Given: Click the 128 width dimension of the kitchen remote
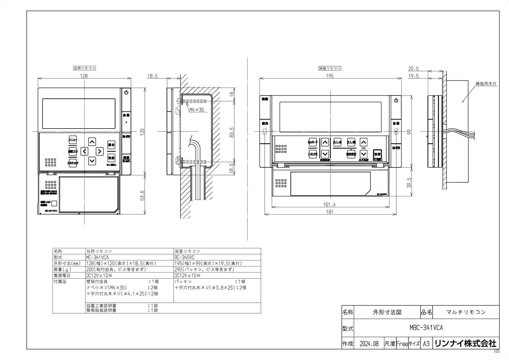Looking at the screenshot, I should click(84, 76).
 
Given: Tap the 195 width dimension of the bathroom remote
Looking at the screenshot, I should click(330, 76).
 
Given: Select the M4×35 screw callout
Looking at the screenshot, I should click(197, 110).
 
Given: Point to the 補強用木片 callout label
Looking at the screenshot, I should click(486, 83).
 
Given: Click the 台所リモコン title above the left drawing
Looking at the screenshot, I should click(84, 68).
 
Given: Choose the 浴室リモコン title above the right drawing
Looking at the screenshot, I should click(330, 68).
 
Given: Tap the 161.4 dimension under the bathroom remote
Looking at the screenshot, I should click(329, 205).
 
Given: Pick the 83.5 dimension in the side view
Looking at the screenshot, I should click(232, 132).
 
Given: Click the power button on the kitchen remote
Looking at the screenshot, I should click(126, 92).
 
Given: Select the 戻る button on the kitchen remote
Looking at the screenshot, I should click(111, 145).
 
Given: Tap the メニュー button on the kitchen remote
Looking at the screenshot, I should click(73, 139).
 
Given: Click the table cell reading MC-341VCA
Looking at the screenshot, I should click(98, 257).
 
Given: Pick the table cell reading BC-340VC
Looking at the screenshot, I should click(185, 257).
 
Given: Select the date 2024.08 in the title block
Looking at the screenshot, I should click(369, 344).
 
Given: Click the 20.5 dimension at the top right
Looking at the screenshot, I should click(413, 68).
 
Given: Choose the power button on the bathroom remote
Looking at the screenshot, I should click(396, 100).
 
